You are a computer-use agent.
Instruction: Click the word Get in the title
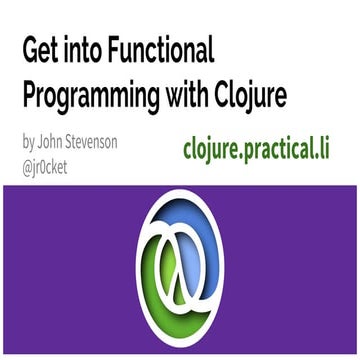[x=42, y=51]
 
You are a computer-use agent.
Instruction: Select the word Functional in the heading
[x=164, y=51]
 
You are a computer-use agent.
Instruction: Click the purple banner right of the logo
[x=300, y=270]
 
